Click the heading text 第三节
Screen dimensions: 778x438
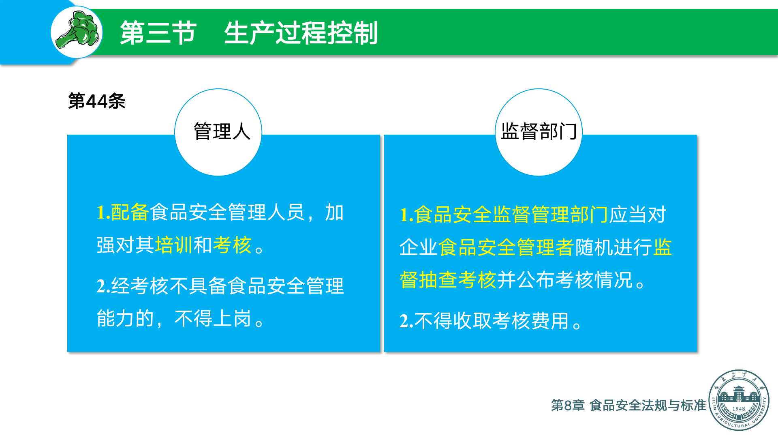[158, 33]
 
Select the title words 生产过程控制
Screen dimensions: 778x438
[301, 33]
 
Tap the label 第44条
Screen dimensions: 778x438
[97, 101]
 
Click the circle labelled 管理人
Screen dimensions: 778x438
[218, 132]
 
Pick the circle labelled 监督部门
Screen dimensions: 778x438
[539, 132]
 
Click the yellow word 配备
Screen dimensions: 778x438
[130, 213]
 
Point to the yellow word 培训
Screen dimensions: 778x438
[174, 245]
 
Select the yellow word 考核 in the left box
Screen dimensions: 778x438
[232, 245]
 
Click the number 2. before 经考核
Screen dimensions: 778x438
[103, 286]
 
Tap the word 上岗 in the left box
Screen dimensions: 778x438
[232, 318]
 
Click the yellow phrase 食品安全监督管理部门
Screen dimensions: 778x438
[511, 215]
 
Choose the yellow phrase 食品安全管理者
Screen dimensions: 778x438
[506, 247]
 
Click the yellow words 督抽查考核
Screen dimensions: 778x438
[448, 280]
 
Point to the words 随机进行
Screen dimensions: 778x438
[613, 247]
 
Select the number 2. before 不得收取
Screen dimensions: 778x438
[406, 321]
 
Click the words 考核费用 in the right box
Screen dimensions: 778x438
[530, 321]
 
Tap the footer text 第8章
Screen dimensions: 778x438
[568, 405]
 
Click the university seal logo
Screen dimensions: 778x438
[739, 400]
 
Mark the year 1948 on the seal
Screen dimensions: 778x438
[739, 409]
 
